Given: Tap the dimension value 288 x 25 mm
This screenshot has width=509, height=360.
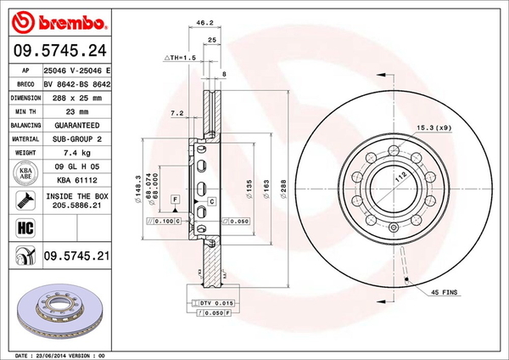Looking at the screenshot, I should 77,97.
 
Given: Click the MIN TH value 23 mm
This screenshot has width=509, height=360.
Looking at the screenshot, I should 77,110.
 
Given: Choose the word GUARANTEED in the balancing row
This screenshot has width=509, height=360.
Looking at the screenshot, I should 77,124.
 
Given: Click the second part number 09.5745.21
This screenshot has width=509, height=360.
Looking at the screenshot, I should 77,254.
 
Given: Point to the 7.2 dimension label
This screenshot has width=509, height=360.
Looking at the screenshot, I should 177,112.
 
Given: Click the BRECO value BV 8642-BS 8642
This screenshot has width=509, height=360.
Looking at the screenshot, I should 77,84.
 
